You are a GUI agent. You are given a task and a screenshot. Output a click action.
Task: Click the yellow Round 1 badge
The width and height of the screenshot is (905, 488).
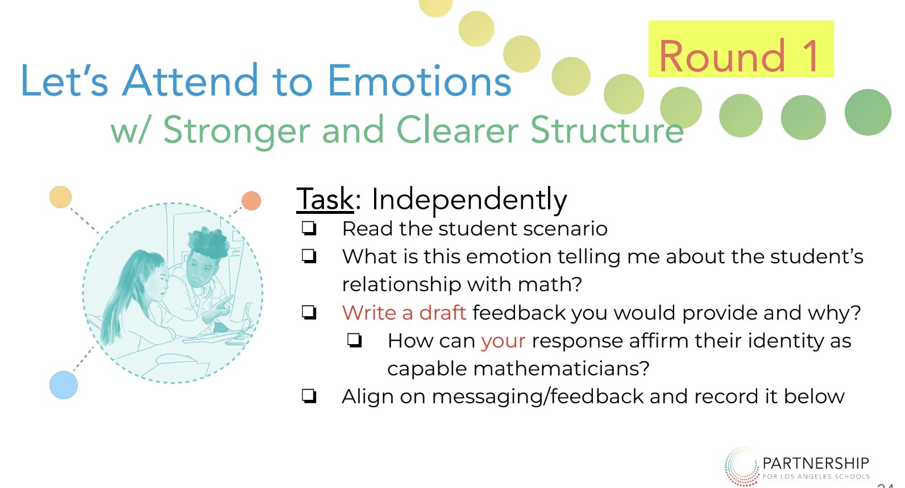tap(741, 48)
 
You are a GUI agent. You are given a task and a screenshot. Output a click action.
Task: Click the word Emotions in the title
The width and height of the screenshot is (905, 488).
tap(420, 81)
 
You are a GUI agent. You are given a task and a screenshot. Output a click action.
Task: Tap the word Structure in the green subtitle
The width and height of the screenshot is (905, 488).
tap(607, 130)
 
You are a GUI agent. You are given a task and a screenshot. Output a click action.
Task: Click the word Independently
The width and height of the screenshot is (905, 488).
tap(469, 200)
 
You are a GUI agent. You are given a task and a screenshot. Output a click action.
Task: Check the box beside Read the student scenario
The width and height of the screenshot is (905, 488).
tap(309, 228)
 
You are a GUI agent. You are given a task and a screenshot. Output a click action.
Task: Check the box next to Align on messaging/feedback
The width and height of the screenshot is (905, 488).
tap(309, 396)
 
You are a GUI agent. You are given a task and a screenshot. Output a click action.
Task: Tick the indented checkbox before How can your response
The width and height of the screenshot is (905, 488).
tap(354, 340)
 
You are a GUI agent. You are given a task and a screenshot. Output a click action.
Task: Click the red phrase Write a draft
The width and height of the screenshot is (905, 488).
tap(404, 312)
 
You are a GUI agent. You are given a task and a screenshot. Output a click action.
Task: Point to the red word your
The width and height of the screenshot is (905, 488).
tap(504, 341)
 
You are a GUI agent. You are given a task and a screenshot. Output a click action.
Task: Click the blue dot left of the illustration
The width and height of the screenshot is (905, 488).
tap(64, 385)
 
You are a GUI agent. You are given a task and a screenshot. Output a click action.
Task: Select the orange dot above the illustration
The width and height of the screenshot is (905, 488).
tap(251, 201)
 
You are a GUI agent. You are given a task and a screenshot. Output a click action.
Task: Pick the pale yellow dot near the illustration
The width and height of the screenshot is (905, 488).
tap(61, 197)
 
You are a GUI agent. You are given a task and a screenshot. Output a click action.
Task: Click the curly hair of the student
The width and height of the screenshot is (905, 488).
tap(209, 242)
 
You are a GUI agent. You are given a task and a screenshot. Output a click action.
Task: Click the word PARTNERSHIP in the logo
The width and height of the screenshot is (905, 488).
tap(816, 464)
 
